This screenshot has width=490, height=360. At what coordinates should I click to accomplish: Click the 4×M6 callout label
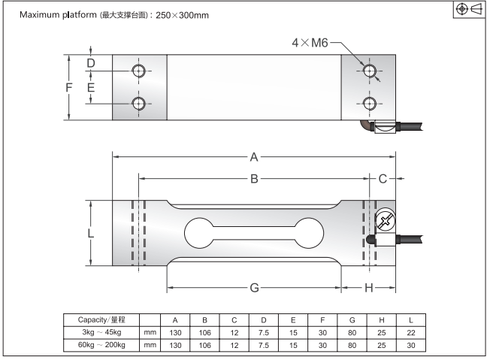coord(310,44)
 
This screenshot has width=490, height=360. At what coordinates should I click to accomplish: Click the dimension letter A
coord(254,156)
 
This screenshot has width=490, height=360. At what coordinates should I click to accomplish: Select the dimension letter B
coord(254,179)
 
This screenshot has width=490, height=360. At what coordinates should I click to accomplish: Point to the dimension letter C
coord(383,179)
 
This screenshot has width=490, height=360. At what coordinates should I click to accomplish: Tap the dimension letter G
coord(254,288)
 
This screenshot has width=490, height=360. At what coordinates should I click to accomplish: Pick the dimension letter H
coord(369,288)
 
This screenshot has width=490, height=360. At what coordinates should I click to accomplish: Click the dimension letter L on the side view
coord(91,233)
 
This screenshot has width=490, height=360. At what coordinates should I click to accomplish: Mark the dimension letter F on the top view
coord(69,87)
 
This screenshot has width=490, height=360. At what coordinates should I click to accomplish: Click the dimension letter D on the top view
coord(91,63)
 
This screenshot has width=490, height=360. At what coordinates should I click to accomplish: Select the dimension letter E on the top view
coord(91,87)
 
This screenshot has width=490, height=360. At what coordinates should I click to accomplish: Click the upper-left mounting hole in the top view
coord(139,71)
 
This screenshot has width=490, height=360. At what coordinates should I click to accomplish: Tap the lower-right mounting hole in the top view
coord(368,103)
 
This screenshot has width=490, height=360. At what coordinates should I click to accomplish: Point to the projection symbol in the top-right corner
coord(470,9)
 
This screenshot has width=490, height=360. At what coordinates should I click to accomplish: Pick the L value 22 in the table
coord(411,332)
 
